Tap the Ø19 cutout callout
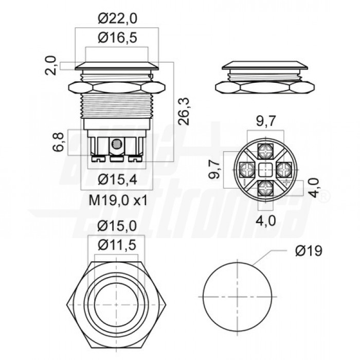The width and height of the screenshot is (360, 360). (x=309, y=251)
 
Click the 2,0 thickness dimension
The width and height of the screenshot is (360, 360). (x=51, y=66)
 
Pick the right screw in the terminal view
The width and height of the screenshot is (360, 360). (x=284, y=168)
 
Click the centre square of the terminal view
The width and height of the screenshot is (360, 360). (x=266, y=168)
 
